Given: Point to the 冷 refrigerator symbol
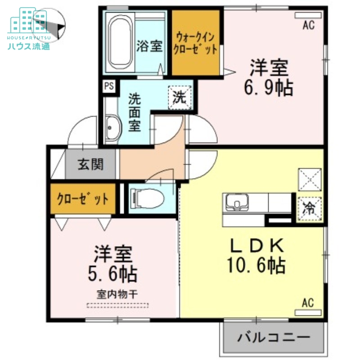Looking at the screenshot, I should click(310, 208).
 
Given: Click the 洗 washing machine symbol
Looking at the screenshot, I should click(180, 96).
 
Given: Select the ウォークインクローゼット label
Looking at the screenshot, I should click(196, 43).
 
